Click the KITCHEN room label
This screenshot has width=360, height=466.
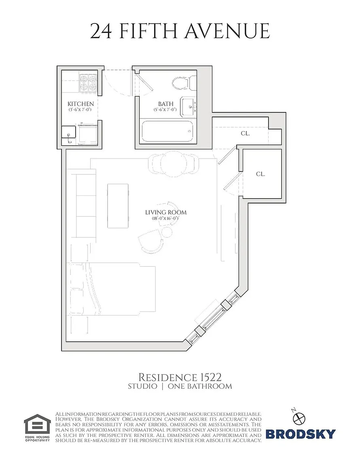(80, 104)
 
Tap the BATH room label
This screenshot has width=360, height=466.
(165, 104)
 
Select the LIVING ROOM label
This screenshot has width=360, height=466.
(166, 212)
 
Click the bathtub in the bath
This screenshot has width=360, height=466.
(167, 131)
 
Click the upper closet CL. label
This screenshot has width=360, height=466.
(245, 133)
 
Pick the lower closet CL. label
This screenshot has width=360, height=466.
(260, 174)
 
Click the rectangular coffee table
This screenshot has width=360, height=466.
(118, 205)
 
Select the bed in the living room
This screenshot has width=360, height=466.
(112, 288)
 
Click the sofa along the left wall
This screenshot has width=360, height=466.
(81, 203)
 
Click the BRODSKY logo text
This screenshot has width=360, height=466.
(301, 434)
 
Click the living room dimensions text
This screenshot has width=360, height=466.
(165, 218)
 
